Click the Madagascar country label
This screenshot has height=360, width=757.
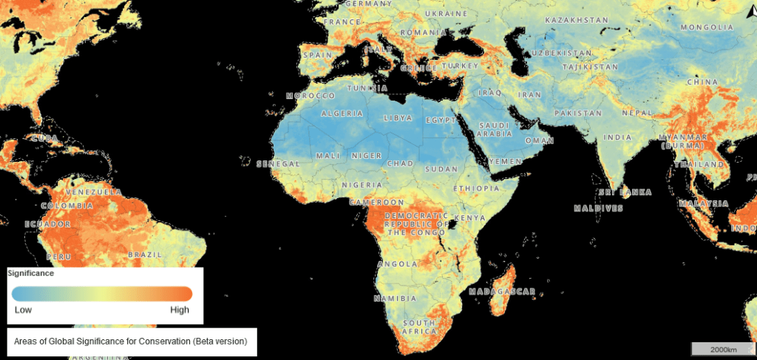pyautogui.click(x=503, y=292)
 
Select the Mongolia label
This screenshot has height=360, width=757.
pyautogui.click(x=707, y=27)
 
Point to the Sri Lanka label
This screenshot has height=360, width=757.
pyautogui.click(x=625, y=192)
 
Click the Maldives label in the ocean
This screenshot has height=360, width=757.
pyautogui.click(x=597, y=208)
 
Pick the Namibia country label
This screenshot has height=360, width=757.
pyautogui.click(x=394, y=299)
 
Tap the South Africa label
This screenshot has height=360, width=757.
pyautogui.click(x=418, y=327)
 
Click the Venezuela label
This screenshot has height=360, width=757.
pyautogui.click(x=93, y=191)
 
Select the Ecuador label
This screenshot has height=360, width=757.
pyautogui.click(x=47, y=223)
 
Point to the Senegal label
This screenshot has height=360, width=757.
pyautogui.click(x=276, y=163)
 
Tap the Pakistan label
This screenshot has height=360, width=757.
pyautogui.click(x=579, y=114)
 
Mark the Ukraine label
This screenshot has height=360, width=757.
pyautogui.click(x=446, y=14)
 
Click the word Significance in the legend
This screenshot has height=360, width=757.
pyautogui.click(x=31, y=273)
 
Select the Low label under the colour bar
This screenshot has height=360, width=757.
pyautogui.click(x=22, y=310)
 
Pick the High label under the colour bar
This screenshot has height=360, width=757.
pyautogui.click(x=180, y=310)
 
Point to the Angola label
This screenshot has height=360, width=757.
pyautogui.click(x=397, y=264)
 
